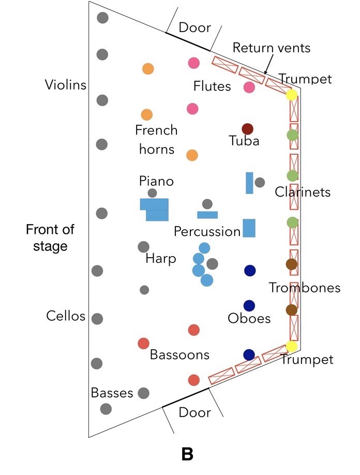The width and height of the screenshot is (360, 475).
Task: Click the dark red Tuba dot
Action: pos(247,129)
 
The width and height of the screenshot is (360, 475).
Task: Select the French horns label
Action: pos(156,140)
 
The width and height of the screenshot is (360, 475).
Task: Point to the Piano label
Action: pos(156,181)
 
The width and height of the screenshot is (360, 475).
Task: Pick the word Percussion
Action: pos(207,231)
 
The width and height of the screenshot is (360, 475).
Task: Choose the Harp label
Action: pos(160,258)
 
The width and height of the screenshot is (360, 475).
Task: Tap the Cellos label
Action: pos(65,316)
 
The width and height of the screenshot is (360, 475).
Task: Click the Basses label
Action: pos(112,393)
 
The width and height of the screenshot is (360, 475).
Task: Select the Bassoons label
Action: pos(179,354)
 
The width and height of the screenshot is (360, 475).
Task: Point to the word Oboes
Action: pos(249,318)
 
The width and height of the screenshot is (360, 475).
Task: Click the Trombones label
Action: pos(305,288)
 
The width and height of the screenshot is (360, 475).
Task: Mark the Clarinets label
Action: pos(303,192)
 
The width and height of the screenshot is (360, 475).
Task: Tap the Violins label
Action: pos(65,85)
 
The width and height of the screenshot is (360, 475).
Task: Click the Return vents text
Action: pos(271,48)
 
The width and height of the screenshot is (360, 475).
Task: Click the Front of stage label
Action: pos(50,237)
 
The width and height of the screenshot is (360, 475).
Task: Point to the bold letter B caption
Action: pos(187,454)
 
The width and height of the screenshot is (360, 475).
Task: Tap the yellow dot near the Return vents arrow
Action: pos(292,95)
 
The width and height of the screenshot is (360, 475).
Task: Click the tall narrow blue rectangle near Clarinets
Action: pos(249,183)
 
